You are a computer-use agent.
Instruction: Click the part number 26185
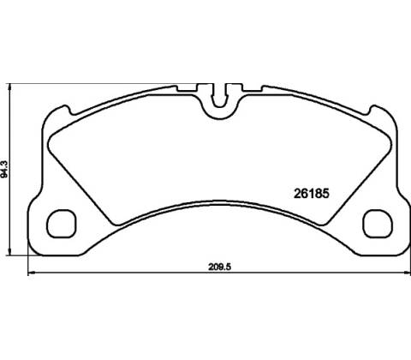coord(312,194)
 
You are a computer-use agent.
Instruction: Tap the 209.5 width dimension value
coord(219,267)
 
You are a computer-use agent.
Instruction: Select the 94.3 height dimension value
coord(4,170)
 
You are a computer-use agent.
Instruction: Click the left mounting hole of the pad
coord(61,224)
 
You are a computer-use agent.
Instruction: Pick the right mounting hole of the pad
coord(378,224)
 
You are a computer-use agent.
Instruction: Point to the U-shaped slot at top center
coord(219,96)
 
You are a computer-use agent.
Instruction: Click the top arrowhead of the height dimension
coord(10,87)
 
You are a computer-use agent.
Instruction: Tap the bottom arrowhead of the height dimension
coord(10,252)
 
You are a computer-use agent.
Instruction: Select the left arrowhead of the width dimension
coord(31,273)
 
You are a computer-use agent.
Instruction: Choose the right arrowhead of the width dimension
coord(408,273)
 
